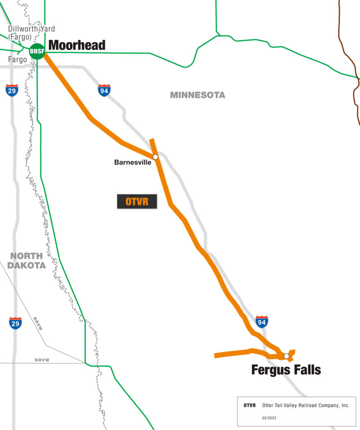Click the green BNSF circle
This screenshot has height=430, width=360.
37,51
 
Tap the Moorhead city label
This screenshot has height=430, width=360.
77,45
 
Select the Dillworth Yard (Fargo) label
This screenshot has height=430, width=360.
31,33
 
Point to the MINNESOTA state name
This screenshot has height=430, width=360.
197,95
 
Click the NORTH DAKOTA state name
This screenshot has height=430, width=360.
26,260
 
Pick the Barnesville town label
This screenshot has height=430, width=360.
132,162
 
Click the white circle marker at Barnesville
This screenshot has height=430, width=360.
155,157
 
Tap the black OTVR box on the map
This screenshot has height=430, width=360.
137,202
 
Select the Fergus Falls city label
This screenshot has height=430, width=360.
286,370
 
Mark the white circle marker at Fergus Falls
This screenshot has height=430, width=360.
287,356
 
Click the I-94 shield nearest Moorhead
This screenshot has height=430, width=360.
104,90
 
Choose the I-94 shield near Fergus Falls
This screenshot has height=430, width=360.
261,322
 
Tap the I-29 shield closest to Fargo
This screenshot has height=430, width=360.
12,90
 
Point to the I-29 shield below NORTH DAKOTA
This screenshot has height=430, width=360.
15,323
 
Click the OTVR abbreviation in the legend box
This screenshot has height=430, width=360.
250,406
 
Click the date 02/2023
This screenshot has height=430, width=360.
269,418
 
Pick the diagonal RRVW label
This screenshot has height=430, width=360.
38,324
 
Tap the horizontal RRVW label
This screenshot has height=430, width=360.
42,360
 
